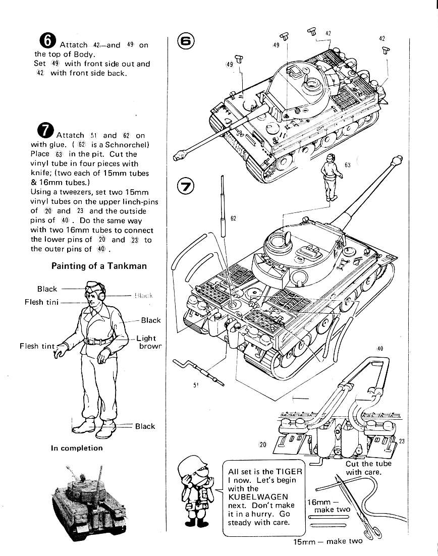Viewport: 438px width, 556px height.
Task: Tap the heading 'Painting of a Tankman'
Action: point(99,266)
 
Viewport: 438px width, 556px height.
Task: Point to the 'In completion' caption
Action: point(77,448)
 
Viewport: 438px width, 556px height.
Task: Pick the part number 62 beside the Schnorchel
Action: point(233,218)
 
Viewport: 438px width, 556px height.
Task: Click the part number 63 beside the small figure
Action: point(347,165)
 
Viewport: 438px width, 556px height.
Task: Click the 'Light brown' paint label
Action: point(148,342)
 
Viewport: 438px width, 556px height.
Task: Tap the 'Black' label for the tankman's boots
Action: point(145,426)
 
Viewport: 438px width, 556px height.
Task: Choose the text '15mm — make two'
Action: point(328,541)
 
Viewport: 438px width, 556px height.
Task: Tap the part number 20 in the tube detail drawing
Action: point(262,444)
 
